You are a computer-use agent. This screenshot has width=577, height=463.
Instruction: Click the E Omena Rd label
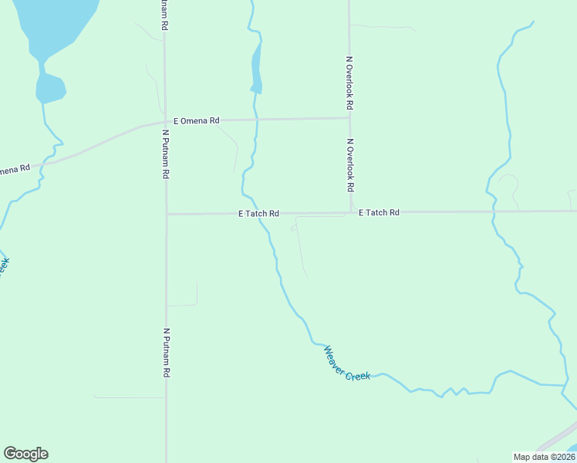tap(197, 120)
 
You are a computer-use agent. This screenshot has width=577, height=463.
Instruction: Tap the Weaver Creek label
tap(346, 363)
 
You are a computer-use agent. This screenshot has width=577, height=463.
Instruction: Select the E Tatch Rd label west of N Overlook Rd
tap(258, 214)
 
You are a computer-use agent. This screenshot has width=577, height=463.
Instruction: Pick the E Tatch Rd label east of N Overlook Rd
tap(379, 212)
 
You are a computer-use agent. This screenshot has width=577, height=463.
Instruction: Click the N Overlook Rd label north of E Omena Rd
tap(349, 82)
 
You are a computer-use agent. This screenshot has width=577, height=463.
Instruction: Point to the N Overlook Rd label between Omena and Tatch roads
tap(349, 165)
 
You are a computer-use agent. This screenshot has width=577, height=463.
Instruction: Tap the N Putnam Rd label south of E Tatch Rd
tap(166, 353)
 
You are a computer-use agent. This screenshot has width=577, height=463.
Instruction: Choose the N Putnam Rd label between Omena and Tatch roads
tap(165, 154)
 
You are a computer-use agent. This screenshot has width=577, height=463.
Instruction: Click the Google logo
tap(25, 454)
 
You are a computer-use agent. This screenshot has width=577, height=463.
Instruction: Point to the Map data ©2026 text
tap(543, 457)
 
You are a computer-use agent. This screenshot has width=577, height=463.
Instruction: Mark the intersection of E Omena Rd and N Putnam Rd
tap(164, 121)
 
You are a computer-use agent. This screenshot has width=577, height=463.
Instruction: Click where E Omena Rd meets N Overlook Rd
tap(349, 118)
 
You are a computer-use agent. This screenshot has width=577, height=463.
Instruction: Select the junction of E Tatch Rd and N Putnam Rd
tap(166, 214)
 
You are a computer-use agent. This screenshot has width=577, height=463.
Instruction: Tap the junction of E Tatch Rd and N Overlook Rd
tap(350, 211)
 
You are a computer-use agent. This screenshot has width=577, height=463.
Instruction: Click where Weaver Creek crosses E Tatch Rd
tap(258, 214)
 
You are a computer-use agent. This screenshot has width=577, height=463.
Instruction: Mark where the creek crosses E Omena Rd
tap(256, 120)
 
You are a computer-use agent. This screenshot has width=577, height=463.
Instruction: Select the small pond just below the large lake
tap(50, 88)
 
